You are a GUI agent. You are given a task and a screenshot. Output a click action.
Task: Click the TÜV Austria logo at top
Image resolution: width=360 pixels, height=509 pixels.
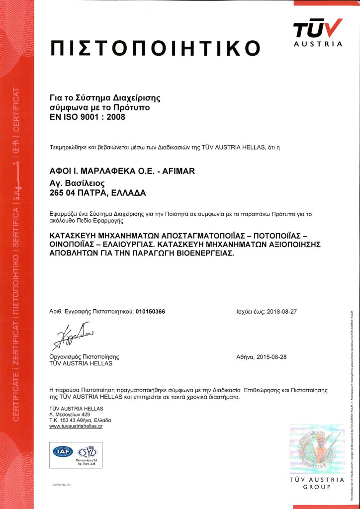[x=318, y=32]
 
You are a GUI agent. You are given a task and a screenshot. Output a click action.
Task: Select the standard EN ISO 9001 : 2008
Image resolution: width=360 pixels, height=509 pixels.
[x=88, y=118]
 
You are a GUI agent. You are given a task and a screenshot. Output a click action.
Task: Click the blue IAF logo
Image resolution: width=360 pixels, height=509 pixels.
[x=63, y=452]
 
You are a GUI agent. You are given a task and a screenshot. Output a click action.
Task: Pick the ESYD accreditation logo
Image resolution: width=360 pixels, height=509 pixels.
[x=86, y=452]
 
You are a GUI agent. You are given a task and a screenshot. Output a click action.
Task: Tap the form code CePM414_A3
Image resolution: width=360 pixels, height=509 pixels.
[x=62, y=484]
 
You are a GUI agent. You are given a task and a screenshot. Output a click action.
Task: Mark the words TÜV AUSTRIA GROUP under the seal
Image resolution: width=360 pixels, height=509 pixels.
[x=317, y=483]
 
